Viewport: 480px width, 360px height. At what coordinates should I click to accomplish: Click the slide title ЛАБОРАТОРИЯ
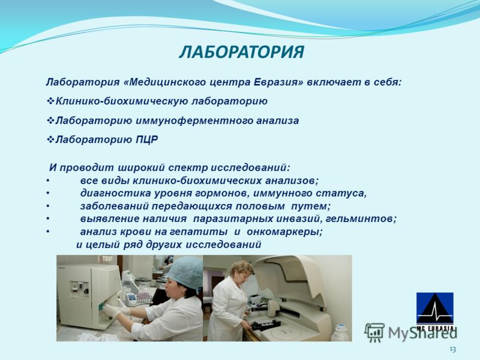point(242,52)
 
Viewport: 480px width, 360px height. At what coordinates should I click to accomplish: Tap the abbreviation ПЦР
point(147,140)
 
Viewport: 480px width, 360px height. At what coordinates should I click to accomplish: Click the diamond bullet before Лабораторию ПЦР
point(50,140)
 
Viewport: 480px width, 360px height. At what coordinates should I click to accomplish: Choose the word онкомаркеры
point(284,232)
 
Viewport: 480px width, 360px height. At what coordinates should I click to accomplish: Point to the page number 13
point(453,349)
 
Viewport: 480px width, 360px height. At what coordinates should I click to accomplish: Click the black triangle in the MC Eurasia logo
point(435,309)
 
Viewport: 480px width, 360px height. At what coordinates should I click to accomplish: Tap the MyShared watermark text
point(422,333)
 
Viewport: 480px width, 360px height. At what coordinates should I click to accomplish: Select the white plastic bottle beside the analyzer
point(340,333)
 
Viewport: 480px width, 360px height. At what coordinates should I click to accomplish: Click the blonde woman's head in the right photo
point(242,272)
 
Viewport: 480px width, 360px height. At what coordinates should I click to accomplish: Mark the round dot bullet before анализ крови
point(48,232)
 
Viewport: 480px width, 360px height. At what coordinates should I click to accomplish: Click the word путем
point(310,206)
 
